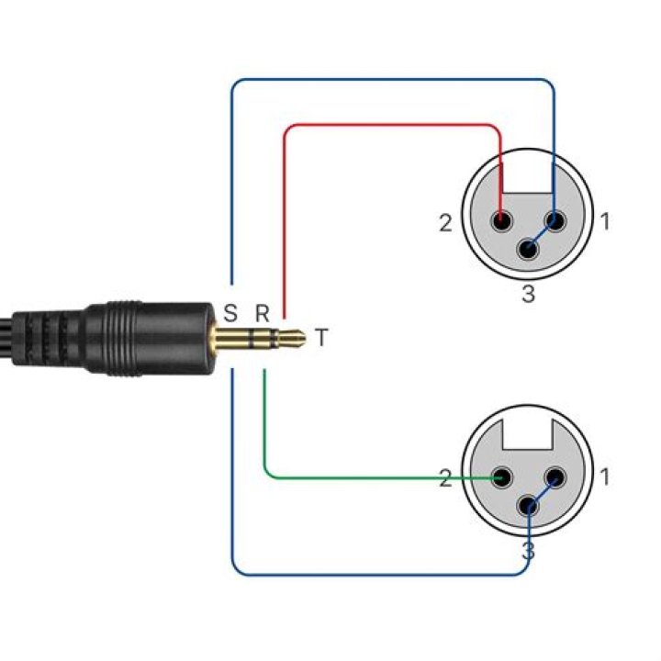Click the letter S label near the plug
point(230,312)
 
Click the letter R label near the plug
point(262,312)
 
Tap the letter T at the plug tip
point(320,338)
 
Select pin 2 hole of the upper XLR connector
point(501,221)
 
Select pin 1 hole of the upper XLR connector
point(555,221)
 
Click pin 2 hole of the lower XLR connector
point(501,477)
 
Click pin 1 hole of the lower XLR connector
point(555,477)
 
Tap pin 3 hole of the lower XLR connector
point(529,506)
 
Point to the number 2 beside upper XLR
point(445,223)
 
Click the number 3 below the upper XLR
point(528,294)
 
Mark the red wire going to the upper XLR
point(386,124)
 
